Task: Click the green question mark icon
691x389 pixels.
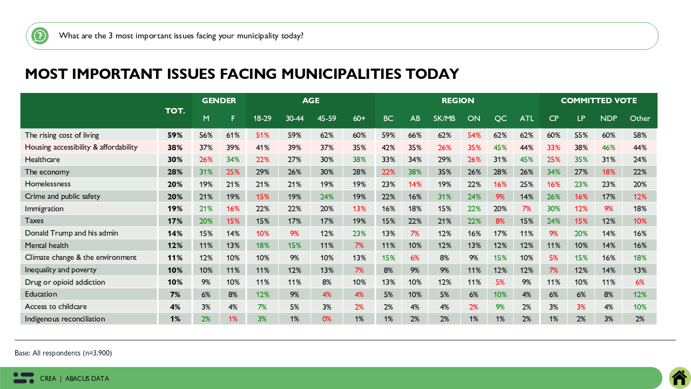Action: (x=39, y=36)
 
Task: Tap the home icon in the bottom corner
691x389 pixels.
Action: (x=679, y=378)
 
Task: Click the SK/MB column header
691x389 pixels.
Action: (x=444, y=118)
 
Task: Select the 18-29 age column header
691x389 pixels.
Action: (x=262, y=118)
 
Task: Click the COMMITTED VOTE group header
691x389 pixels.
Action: (x=599, y=100)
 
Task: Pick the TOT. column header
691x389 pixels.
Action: (x=175, y=110)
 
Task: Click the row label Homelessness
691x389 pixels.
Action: (x=48, y=184)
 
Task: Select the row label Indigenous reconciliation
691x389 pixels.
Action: (x=65, y=319)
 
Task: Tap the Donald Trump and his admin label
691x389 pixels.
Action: (x=71, y=233)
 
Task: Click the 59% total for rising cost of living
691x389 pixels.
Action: (x=175, y=135)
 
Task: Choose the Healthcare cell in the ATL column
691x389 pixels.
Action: (x=526, y=159)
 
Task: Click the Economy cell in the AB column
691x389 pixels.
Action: (x=415, y=172)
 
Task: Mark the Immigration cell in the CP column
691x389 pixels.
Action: (x=554, y=209)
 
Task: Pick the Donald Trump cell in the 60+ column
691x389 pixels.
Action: (x=359, y=233)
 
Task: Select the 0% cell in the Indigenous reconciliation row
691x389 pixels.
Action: (x=327, y=319)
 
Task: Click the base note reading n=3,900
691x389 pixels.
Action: (x=63, y=353)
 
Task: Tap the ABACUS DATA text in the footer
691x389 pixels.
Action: (x=87, y=379)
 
